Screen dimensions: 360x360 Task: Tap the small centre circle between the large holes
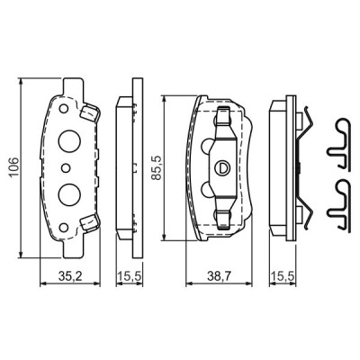point(65,166)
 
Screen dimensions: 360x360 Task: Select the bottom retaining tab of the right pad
point(221,218)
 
